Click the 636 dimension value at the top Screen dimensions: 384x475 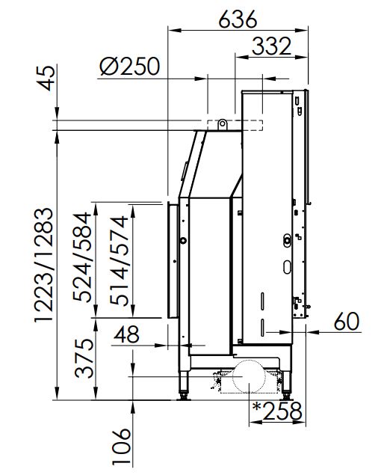(238, 19)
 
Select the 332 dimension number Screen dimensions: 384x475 (271, 46)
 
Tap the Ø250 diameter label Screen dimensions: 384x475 (129, 66)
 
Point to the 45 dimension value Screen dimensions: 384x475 (48, 78)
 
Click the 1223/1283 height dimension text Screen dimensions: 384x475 (44, 266)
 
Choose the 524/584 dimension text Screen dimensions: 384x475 (82, 257)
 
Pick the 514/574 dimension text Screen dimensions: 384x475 (120, 260)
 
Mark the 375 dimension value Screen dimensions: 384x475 (84, 358)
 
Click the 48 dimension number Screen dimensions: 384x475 (126, 334)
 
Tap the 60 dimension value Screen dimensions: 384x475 (347, 322)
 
